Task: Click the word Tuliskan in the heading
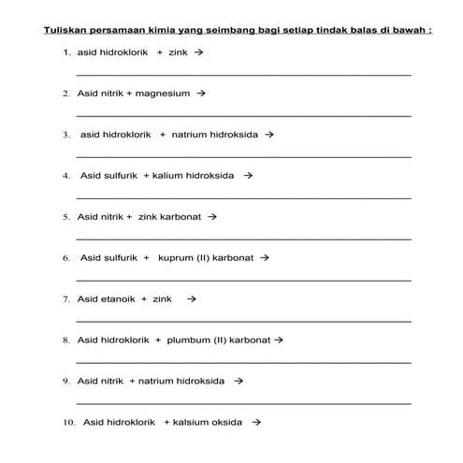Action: pyautogui.click(x=63, y=30)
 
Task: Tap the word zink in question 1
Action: pyautogui.click(x=178, y=53)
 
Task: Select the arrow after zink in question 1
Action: pyautogui.click(x=198, y=53)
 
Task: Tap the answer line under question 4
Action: pyautogui.click(x=243, y=197)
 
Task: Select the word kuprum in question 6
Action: pyautogui.click(x=175, y=257)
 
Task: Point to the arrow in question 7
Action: pyautogui.click(x=191, y=299)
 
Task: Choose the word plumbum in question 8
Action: pyautogui.click(x=188, y=340)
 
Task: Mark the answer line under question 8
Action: pyautogui.click(x=243, y=362)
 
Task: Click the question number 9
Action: pyautogui.click(x=67, y=382)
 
